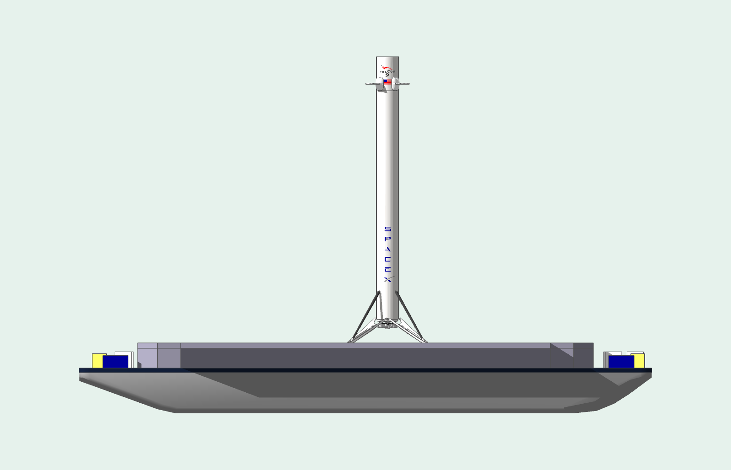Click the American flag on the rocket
[387, 82]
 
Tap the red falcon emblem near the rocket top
[387, 68]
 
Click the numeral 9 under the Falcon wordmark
[387, 75]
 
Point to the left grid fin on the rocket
[372, 84]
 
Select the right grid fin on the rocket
[403, 84]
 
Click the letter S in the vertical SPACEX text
[387, 229]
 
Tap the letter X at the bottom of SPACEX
[387, 279]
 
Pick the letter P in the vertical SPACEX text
[387, 239]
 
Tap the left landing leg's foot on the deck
[350, 341]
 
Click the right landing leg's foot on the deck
[424, 341]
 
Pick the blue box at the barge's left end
[115, 361]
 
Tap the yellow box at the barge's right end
[639, 361]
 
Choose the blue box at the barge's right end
[621, 362]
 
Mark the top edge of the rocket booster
[387, 57]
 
